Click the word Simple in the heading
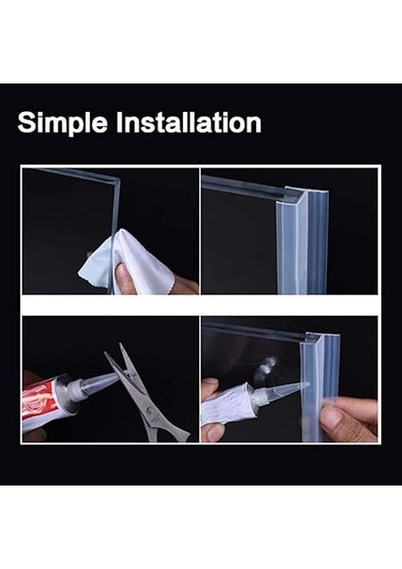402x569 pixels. point(60,122)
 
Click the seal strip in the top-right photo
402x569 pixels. point(288,237)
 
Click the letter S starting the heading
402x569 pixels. point(26,122)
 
